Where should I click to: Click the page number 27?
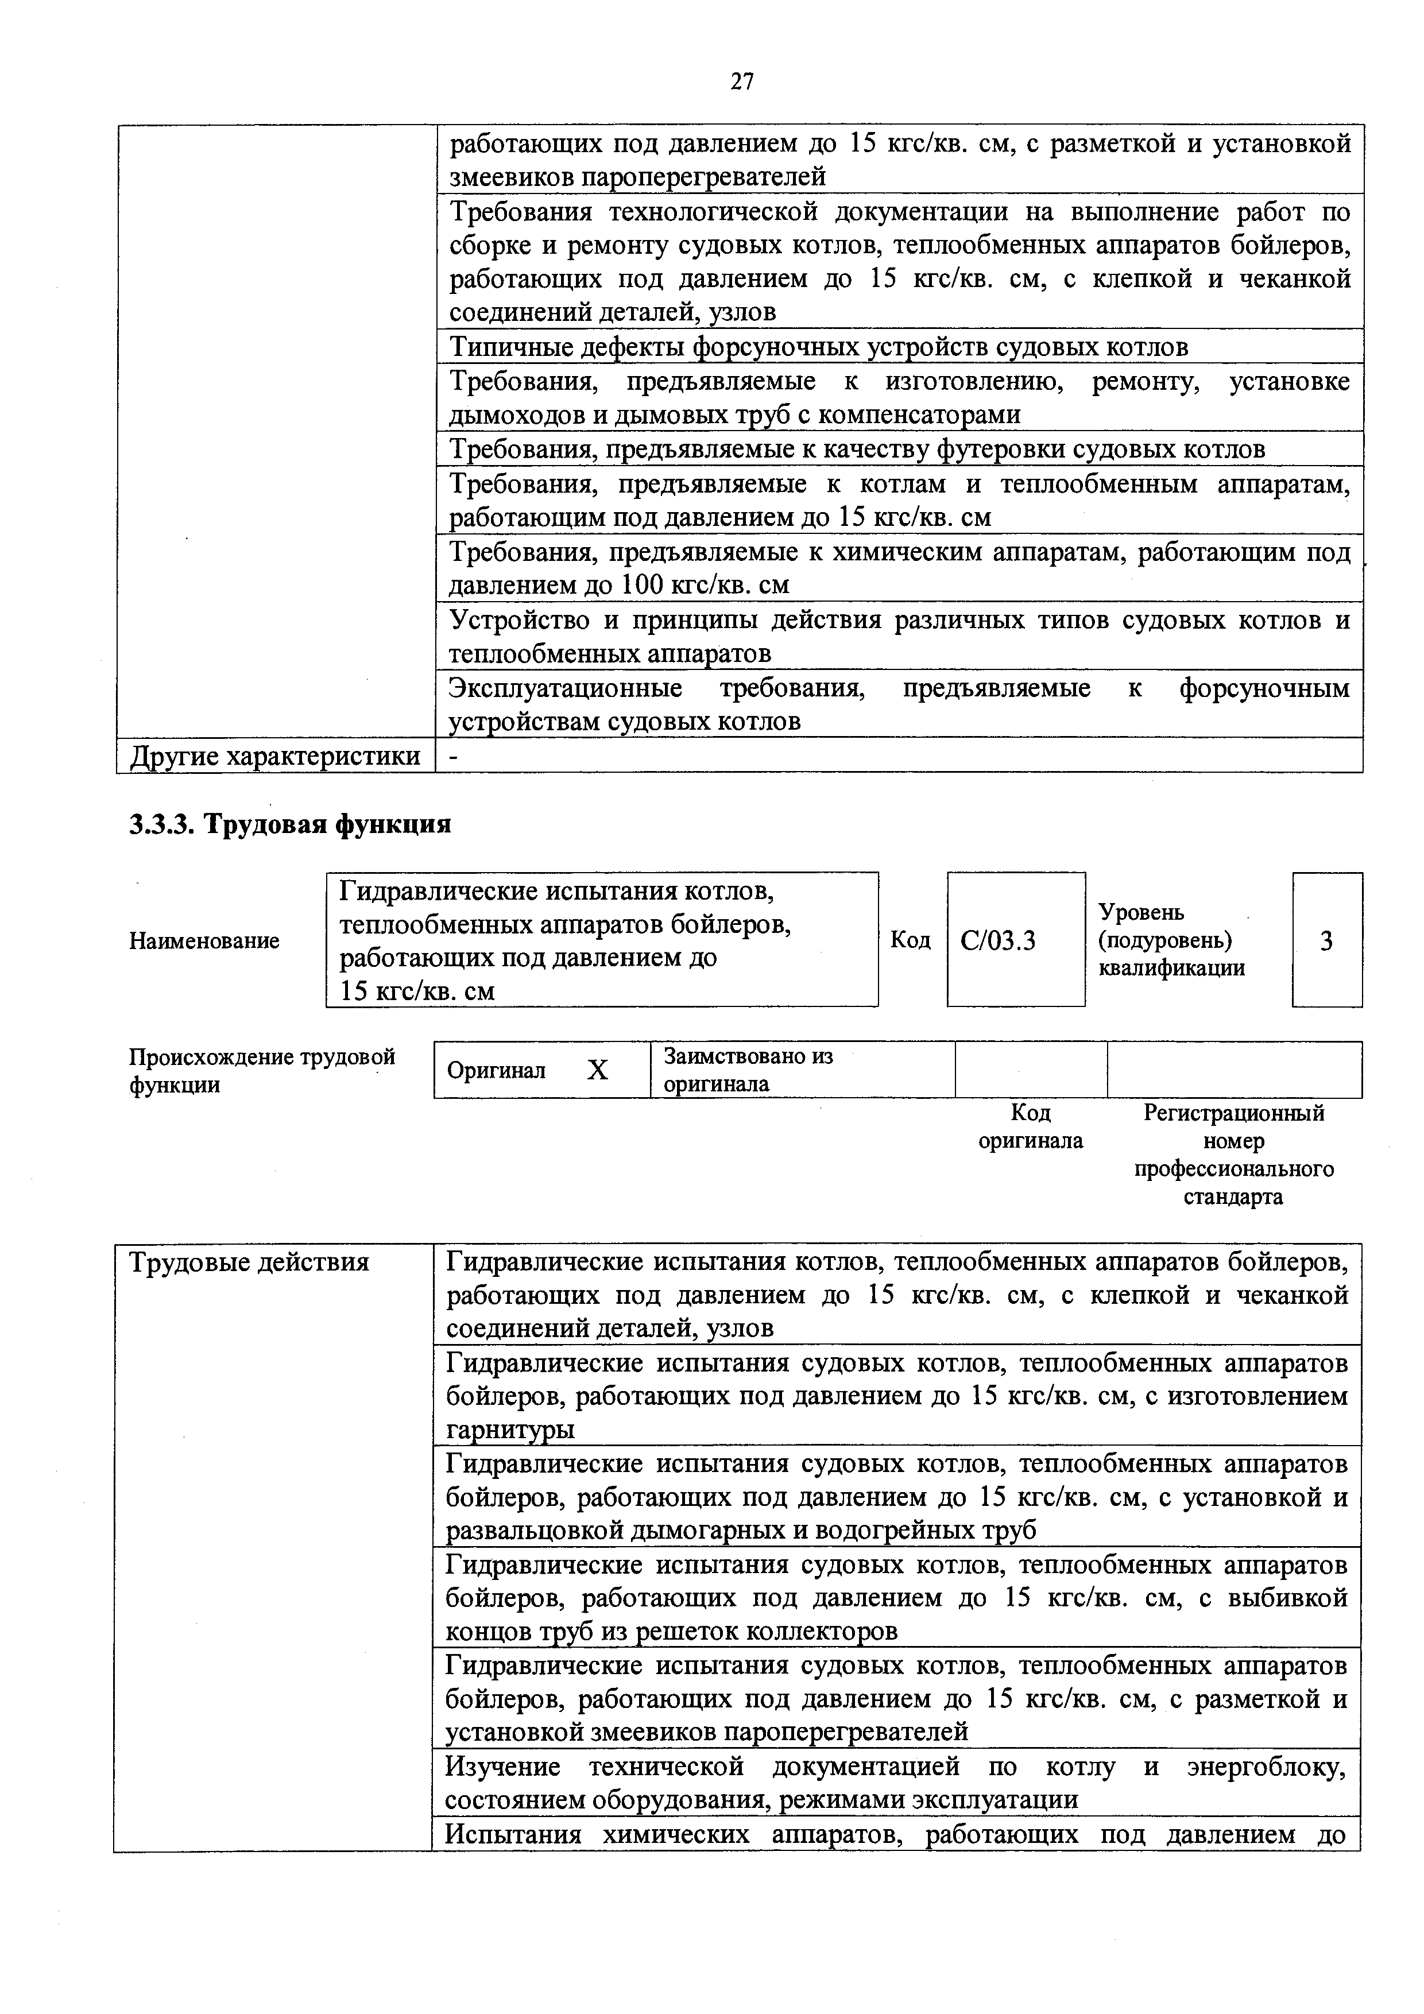tap(741, 82)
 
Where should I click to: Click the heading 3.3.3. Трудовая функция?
tap(291, 824)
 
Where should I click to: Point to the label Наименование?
tap(204, 940)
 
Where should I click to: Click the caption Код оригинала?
tap(1030, 1126)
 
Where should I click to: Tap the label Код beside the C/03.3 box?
tap(910, 939)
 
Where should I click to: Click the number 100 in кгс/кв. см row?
tap(643, 584)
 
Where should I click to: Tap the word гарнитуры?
tap(510, 1430)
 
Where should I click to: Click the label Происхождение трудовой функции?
tap(261, 1070)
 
